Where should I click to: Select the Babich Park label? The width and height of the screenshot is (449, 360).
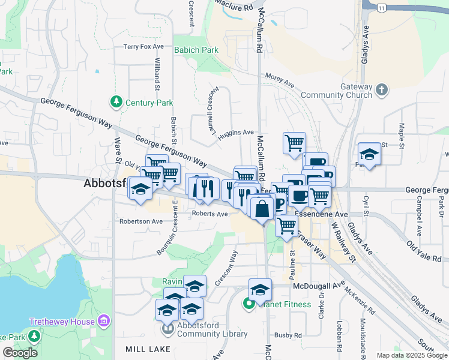[x=196, y=50]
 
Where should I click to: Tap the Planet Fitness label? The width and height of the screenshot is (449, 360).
[x=285, y=304]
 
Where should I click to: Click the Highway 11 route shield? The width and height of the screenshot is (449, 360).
[x=382, y=7]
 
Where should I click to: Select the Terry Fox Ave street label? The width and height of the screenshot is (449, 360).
[x=143, y=46]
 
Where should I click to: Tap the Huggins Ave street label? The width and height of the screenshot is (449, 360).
[x=236, y=133]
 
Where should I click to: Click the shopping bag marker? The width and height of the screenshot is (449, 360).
[x=262, y=209]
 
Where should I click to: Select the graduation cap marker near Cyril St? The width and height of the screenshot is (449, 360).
[x=369, y=154]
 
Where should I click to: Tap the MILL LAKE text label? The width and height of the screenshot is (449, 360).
[x=149, y=349]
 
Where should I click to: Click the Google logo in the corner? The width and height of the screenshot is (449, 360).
[x=20, y=353]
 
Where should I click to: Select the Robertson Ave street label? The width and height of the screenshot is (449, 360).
[x=140, y=221]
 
